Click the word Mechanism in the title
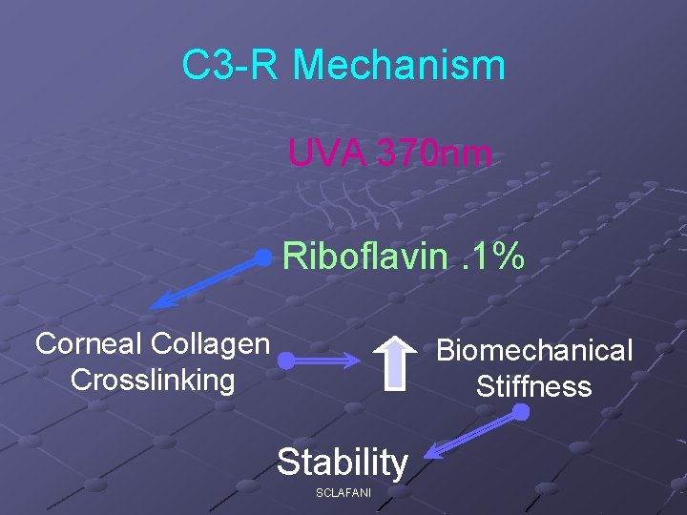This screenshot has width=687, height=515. tap(399, 66)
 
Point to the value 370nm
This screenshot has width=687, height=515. tap(436, 152)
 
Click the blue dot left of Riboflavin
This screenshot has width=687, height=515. tap(263, 257)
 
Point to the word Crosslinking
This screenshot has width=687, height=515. tap(153, 380)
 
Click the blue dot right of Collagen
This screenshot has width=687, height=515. tap(285, 361)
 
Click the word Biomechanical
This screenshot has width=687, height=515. tap(534, 351)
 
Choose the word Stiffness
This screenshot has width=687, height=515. tap(534, 387)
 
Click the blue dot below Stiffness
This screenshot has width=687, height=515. tap(521, 413)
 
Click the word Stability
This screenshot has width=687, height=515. tap(343, 463)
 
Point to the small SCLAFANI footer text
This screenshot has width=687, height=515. tap(343, 492)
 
